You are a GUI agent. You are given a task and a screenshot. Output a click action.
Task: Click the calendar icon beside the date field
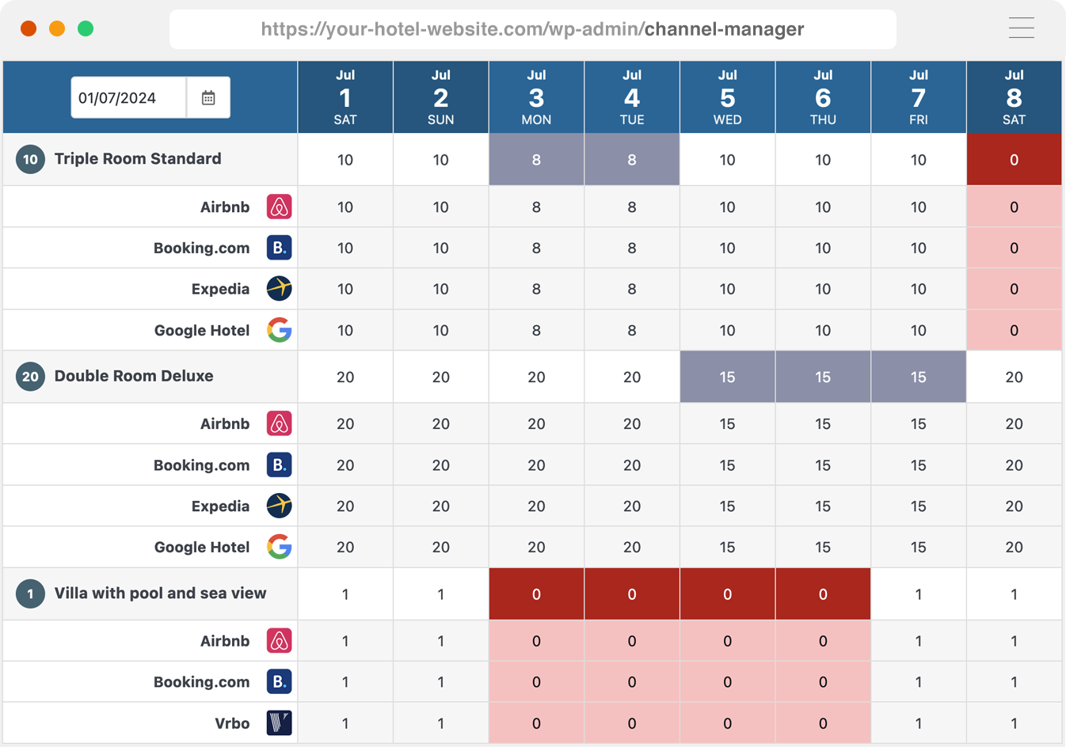208,98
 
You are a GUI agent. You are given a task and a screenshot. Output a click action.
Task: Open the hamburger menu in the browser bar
1021,28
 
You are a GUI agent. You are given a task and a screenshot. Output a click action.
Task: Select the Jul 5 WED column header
727,97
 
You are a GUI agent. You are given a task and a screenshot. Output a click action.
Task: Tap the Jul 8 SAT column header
1014,97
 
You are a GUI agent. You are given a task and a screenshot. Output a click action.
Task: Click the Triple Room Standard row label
138,159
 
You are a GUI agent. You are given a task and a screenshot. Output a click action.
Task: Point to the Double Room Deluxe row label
134,376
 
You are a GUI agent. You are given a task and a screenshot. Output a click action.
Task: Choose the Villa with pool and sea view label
160,593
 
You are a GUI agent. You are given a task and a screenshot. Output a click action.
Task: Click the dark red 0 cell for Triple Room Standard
1014,160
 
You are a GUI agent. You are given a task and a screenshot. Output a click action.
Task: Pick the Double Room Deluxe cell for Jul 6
823,377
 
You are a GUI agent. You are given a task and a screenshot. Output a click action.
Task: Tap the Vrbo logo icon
279,722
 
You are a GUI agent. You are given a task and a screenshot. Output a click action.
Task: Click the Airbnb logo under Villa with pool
279,641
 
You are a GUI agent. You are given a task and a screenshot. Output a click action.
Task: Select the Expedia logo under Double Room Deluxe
279,506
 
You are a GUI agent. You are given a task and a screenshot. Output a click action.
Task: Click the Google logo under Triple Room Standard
279,330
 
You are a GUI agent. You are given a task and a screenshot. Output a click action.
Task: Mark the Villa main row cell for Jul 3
536,594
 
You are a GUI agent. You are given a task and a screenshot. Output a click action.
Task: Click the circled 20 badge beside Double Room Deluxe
30,377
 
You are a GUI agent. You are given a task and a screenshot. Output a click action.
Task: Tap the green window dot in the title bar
86,29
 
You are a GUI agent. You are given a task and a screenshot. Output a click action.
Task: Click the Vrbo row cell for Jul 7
918,723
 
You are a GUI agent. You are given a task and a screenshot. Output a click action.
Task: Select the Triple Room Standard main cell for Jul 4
632,160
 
